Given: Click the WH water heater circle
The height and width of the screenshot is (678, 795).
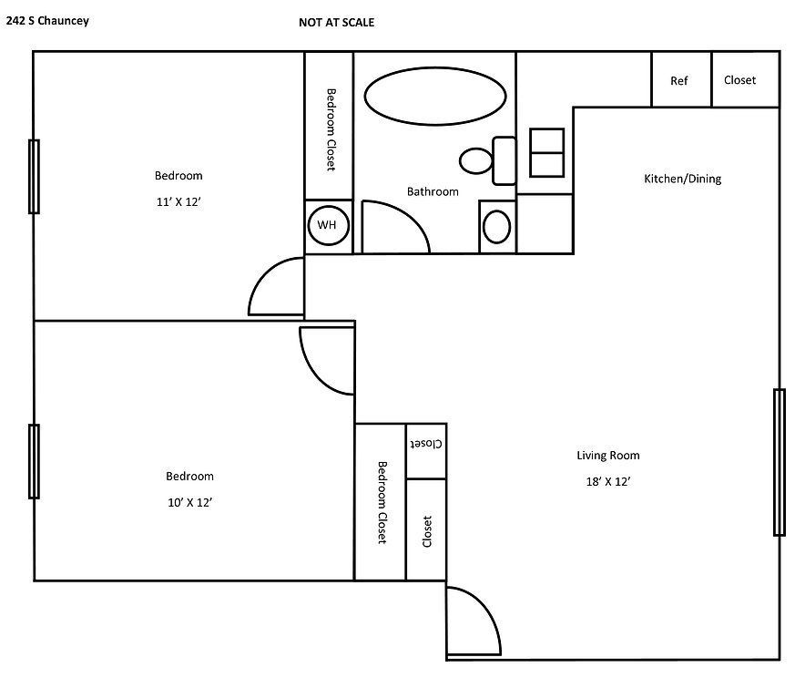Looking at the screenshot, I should (328, 225).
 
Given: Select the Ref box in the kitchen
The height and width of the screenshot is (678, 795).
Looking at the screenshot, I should (679, 80).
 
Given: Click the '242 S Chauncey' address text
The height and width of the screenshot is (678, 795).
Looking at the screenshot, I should (47, 20).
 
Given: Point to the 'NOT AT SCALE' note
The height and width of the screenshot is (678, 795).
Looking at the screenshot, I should (336, 23).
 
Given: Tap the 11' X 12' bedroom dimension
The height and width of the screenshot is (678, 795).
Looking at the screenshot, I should (178, 202).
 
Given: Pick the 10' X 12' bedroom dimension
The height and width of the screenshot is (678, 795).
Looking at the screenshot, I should (189, 502).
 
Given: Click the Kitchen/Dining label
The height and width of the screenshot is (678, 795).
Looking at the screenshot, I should (682, 179).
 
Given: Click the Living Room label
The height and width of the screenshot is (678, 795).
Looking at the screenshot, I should (607, 455).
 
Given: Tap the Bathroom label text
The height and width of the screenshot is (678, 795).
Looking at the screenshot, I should (433, 191).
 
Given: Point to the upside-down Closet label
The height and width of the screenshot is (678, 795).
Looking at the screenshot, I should (426, 444).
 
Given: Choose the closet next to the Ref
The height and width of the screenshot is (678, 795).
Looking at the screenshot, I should (739, 80).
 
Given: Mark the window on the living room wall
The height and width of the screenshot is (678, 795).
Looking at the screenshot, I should (779, 462).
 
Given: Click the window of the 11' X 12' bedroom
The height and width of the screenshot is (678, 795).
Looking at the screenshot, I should (34, 176).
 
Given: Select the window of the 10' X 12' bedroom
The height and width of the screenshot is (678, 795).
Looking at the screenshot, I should (34, 461).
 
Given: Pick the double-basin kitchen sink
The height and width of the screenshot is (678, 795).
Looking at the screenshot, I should (546, 152).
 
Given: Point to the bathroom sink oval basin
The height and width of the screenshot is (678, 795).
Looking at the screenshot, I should (496, 226).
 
